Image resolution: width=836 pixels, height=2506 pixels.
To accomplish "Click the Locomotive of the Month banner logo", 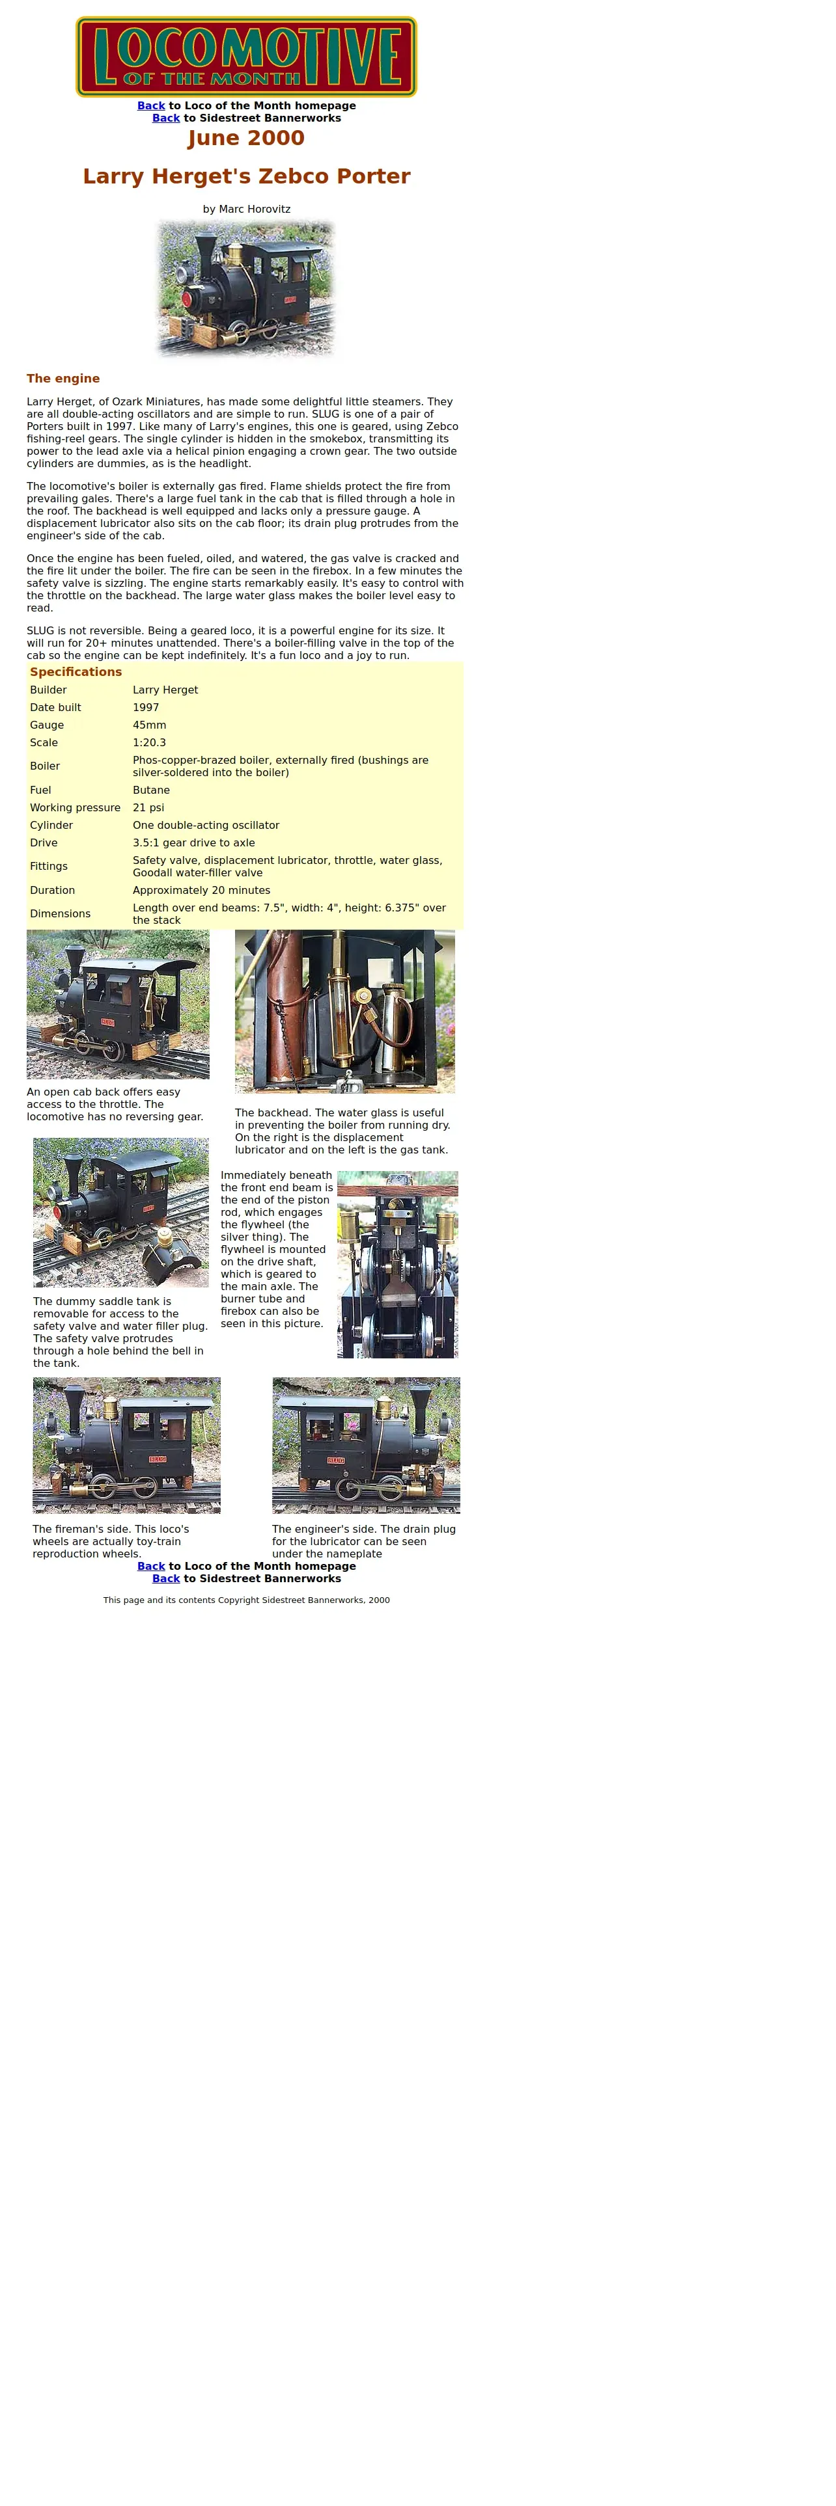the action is [x=246, y=57].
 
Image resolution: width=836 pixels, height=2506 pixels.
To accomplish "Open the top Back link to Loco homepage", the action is [x=151, y=105].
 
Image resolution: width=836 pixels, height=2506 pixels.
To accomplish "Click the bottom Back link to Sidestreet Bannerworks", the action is [x=165, y=1578].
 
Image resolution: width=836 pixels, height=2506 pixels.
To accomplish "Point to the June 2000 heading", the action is [x=246, y=137].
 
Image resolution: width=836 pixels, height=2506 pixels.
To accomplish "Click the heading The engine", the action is [x=63, y=379].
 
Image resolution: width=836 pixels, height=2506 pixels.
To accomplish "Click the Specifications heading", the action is [x=76, y=671].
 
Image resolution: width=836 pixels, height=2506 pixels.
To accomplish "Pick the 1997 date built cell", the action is [x=146, y=707].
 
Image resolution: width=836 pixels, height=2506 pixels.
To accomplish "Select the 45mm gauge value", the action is [x=149, y=725].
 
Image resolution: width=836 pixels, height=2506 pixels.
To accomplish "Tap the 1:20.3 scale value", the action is [x=149, y=742].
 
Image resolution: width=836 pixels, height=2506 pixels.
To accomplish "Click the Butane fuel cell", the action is [x=151, y=790].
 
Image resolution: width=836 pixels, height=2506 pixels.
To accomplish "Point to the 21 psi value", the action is [x=148, y=807].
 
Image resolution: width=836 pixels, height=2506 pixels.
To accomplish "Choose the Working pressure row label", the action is [x=75, y=807].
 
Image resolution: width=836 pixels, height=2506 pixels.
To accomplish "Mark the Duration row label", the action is [x=53, y=890].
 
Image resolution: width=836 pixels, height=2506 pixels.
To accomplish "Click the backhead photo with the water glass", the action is [x=344, y=1011].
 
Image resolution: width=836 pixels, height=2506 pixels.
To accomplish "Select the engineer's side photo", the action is [x=366, y=1445].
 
